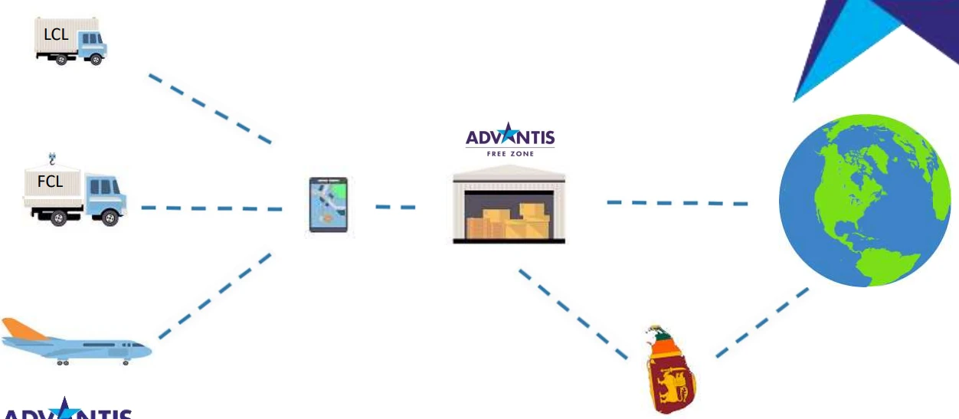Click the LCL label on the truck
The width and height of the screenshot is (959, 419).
click(x=56, y=34)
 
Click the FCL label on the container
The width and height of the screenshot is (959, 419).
click(x=49, y=182)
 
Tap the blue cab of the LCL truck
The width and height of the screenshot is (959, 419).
click(x=92, y=44)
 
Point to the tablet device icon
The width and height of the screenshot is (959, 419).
click(x=328, y=205)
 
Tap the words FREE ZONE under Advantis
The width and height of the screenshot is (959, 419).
click(x=510, y=154)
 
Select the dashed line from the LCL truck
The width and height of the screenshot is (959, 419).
click(x=209, y=109)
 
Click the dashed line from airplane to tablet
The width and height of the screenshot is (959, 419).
click(x=214, y=296)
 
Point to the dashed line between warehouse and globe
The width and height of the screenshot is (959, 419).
click(x=677, y=203)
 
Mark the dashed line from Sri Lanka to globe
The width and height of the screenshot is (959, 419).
click(x=762, y=322)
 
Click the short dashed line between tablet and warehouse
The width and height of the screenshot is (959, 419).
click(x=395, y=207)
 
